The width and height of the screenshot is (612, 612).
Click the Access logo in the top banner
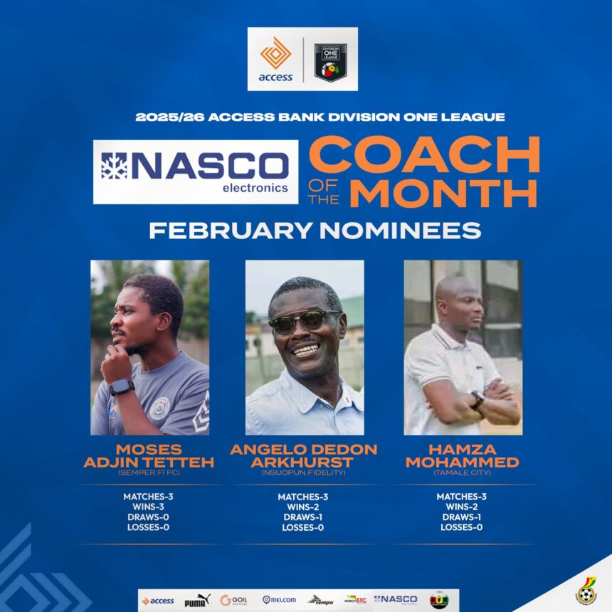[275, 60]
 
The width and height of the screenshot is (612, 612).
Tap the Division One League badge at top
[330, 60]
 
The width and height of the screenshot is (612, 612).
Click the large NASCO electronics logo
[196, 172]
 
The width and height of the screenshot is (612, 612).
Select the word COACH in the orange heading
[424, 154]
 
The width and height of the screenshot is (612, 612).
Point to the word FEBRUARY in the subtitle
[228, 231]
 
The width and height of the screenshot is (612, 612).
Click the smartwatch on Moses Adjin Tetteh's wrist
[122, 386]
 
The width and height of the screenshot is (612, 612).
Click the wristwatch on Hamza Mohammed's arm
[476, 399]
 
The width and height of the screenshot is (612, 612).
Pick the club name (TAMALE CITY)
[463, 472]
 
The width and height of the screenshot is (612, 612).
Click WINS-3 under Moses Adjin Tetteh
[149, 507]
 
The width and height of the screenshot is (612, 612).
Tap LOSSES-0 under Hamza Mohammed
[462, 527]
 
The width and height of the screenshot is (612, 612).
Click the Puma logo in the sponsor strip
[197, 600]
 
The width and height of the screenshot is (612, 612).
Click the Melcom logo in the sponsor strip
[279, 600]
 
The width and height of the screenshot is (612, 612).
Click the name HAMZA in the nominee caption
[462, 450]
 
